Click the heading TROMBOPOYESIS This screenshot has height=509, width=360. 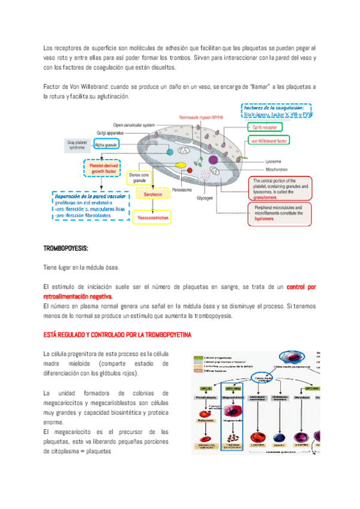[x=66, y=248]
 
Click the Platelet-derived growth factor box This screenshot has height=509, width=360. [x=103, y=167]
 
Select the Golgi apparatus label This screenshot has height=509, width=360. [x=111, y=133]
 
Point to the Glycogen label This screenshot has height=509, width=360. [x=205, y=198]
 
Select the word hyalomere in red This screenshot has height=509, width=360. [x=266, y=218]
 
